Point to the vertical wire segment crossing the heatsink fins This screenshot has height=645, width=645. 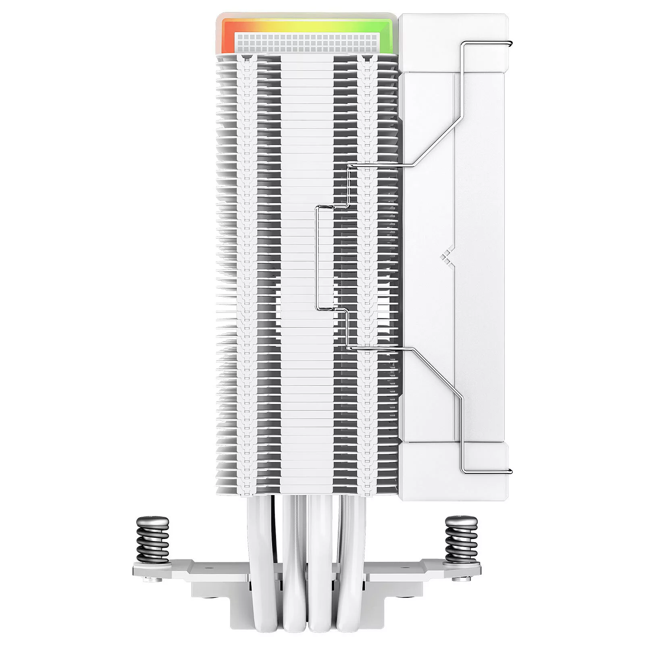click(x=318, y=258)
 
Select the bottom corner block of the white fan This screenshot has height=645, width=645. click(x=454, y=472)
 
